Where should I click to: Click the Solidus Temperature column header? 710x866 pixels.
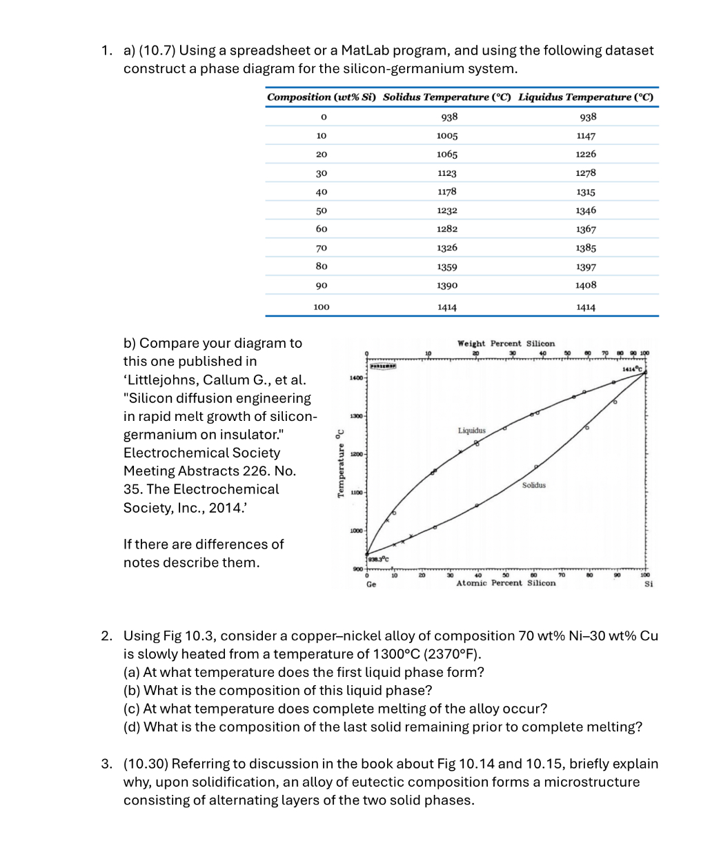pyautogui.click(x=446, y=97)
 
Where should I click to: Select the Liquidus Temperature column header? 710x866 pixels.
pyautogui.click(x=585, y=97)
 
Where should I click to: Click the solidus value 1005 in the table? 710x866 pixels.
pyautogui.click(x=446, y=136)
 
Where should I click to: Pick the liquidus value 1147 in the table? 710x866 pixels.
pyautogui.click(x=586, y=136)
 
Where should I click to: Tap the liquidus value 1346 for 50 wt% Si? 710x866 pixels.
pyautogui.click(x=586, y=210)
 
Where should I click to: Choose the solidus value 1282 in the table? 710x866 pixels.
pyautogui.click(x=446, y=229)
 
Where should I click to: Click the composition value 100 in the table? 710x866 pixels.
pyautogui.click(x=322, y=307)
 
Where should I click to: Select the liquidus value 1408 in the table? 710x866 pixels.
pyautogui.click(x=586, y=285)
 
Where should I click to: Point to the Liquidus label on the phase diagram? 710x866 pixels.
pyautogui.click(x=472, y=431)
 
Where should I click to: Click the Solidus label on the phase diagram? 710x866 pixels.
pyautogui.click(x=533, y=485)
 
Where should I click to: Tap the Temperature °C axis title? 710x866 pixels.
pyautogui.click(x=339, y=463)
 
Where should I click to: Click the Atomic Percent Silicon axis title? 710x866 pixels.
pyautogui.click(x=506, y=584)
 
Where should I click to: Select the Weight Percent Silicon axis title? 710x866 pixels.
pyautogui.click(x=506, y=344)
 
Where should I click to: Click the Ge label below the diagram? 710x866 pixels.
pyautogui.click(x=371, y=584)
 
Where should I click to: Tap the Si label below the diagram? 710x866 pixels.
pyautogui.click(x=648, y=584)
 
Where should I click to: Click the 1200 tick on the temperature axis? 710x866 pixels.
pyautogui.click(x=356, y=455)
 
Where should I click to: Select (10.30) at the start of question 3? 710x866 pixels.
pyautogui.click(x=146, y=764)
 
